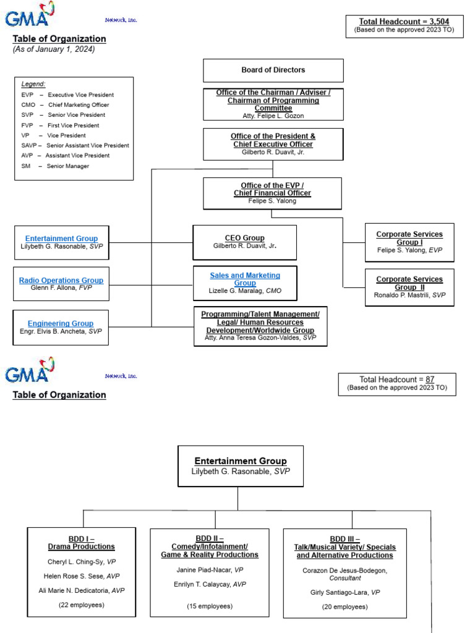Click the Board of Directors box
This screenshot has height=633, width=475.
pyautogui.click(x=273, y=70)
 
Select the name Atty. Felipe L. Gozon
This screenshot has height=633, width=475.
pyautogui.click(x=273, y=116)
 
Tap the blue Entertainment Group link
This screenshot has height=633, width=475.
pyautogui.click(x=61, y=239)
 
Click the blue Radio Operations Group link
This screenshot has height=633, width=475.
pyautogui.click(x=61, y=280)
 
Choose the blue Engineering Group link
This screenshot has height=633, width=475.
pyautogui.click(x=61, y=323)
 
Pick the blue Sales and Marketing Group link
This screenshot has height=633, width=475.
pyautogui.click(x=245, y=279)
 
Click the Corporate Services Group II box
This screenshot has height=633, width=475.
pyautogui.click(x=409, y=287)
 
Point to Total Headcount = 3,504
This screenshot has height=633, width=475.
pyautogui.click(x=404, y=22)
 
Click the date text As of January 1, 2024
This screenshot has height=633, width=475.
pyautogui.click(x=54, y=49)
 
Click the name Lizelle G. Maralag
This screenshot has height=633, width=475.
pyautogui.click(x=236, y=291)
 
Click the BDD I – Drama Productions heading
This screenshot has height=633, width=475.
pyautogui.click(x=81, y=542)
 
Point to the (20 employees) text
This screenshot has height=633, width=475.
pyautogui.click(x=344, y=606)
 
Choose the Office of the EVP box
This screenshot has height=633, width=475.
pyautogui.click(x=272, y=193)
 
